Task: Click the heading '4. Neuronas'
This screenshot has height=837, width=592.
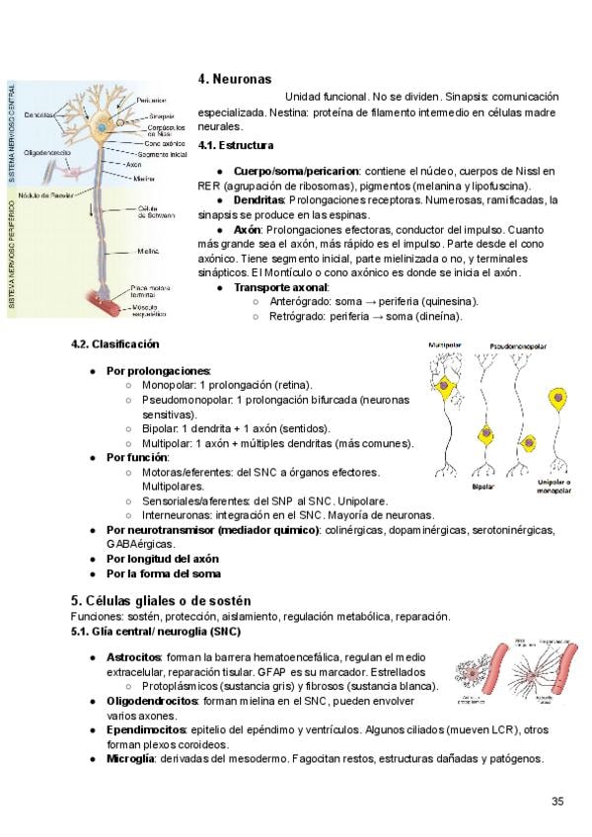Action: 235,79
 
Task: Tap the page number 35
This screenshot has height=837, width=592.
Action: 557,800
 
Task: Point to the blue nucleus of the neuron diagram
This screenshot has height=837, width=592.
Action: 101,128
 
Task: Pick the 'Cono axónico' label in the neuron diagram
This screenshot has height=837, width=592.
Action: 158,142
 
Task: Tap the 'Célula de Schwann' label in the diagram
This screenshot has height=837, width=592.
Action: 156,212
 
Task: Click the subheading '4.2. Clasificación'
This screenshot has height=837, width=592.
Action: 114,344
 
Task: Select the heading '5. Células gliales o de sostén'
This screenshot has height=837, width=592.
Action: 161,601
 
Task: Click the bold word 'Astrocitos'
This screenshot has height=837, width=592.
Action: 133,655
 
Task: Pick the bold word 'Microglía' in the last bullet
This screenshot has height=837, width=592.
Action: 130,758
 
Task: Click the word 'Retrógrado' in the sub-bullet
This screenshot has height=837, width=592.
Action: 297,316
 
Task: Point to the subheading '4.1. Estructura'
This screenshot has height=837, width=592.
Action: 236,145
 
